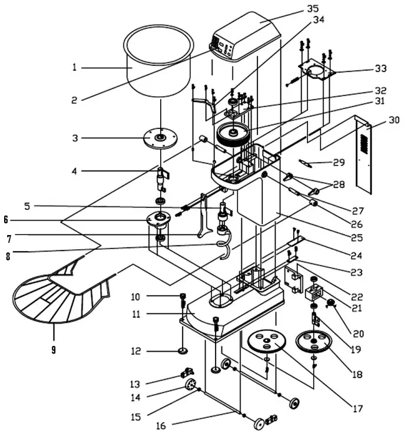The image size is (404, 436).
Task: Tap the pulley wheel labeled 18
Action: [x=314, y=342]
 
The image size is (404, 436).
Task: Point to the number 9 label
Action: [x=53, y=349]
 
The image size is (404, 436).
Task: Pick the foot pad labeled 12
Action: [x=183, y=352]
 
